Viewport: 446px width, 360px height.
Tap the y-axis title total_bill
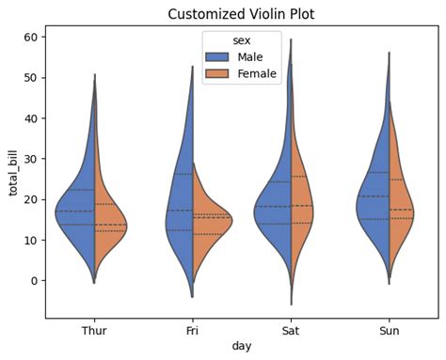[13, 172]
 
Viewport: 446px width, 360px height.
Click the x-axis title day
[241, 347]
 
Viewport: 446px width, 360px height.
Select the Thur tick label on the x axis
[94, 330]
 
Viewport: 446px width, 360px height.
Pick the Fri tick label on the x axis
[192, 330]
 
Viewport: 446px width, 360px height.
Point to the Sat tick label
[291, 330]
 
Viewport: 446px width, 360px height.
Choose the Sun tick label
[389, 330]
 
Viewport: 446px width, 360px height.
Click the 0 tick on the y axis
[33, 281]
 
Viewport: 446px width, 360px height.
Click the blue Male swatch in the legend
[222, 58]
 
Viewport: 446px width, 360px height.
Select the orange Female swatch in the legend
[222, 75]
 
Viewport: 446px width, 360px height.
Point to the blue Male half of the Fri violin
[179, 221]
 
